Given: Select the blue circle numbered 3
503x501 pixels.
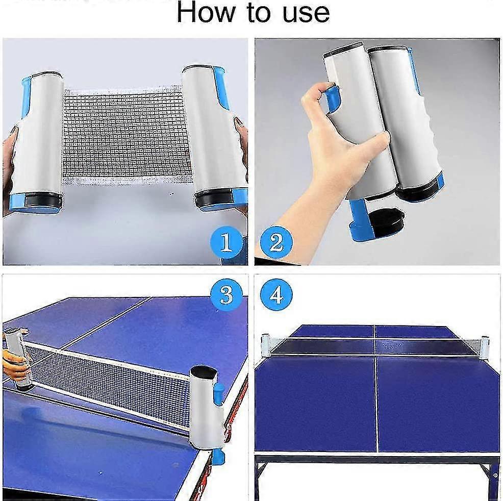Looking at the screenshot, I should [227, 294].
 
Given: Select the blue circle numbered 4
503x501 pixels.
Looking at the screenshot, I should [276, 294].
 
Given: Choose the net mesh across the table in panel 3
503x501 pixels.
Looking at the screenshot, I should [112, 378].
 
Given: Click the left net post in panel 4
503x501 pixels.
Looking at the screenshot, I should [265, 345].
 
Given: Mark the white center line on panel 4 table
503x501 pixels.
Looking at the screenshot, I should [376, 403].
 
